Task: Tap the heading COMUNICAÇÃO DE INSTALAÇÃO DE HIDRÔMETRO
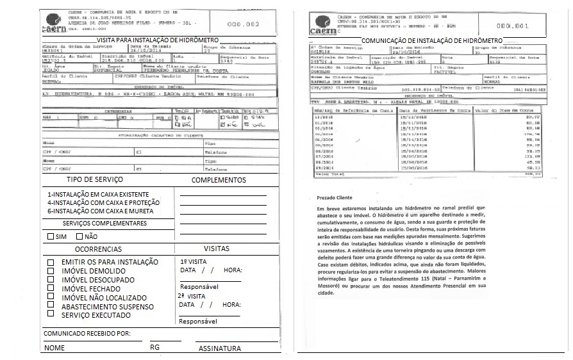[x=436, y=40]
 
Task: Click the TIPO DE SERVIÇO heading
[x=95, y=180]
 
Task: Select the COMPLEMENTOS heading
[x=219, y=181]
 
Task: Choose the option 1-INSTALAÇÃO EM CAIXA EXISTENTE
[x=97, y=193]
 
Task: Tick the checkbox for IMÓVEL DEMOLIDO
[x=51, y=272]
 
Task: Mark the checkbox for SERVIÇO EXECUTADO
[x=51, y=315]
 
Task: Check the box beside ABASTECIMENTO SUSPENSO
[x=51, y=306]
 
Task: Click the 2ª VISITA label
[x=192, y=297]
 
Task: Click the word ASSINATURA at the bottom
[x=220, y=349]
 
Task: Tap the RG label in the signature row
[x=154, y=347]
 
